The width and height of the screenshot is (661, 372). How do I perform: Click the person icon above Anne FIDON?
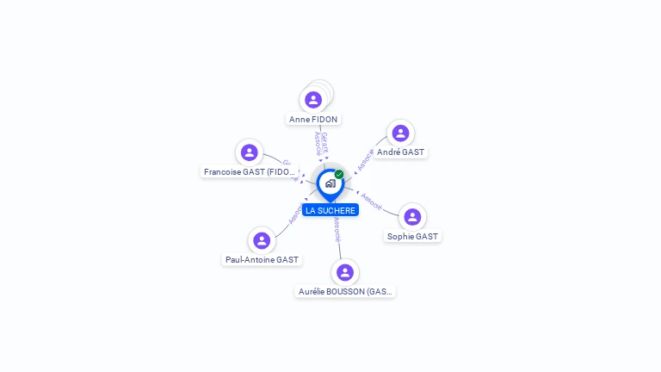point(313,100)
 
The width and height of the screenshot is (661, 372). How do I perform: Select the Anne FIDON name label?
point(313,120)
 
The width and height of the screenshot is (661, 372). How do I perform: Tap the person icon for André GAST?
point(400,133)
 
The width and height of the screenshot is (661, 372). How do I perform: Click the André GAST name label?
point(401,152)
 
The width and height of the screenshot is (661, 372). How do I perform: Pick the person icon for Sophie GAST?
point(412,217)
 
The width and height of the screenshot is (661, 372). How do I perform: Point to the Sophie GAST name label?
point(412,236)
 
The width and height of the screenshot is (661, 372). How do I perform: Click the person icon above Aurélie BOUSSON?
point(345,272)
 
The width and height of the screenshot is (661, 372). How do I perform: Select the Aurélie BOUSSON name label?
point(345,292)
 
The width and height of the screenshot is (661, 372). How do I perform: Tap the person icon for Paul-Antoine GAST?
point(262,240)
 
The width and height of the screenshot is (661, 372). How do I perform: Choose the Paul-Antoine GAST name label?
point(263,259)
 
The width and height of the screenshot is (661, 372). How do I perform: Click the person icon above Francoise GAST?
point(250,152)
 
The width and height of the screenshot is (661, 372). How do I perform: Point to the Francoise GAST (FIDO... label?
point(250,172)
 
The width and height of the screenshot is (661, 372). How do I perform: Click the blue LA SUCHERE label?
point(330,210)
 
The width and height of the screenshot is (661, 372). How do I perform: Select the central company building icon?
point(330,183)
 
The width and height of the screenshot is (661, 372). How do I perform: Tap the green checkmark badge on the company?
point(339,175)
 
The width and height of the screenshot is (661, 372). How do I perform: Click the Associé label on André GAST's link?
point(366,159)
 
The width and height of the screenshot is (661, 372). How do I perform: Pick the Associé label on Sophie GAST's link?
point(372,200)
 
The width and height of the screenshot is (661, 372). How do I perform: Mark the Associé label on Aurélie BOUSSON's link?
point(337,230)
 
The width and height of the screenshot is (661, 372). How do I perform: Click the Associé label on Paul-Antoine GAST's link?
point(295,213)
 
